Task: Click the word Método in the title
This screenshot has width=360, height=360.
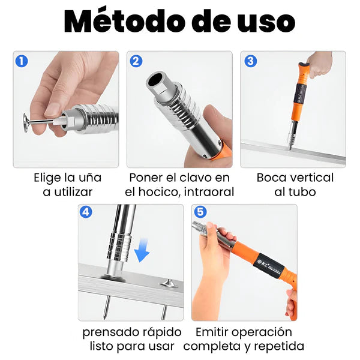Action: tap(125, 21)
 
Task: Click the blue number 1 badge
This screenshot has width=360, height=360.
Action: tap(22, 62)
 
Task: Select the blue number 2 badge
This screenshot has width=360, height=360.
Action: tap(136, 62)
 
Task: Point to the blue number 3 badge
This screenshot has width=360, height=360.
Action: tap(250, 61)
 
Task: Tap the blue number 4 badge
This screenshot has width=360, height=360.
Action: tap(86, 212)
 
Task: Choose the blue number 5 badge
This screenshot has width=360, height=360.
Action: tap(200, 212)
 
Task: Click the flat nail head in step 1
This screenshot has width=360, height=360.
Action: tap(26, 122)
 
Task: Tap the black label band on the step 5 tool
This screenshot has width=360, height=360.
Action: tap(269, 263)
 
